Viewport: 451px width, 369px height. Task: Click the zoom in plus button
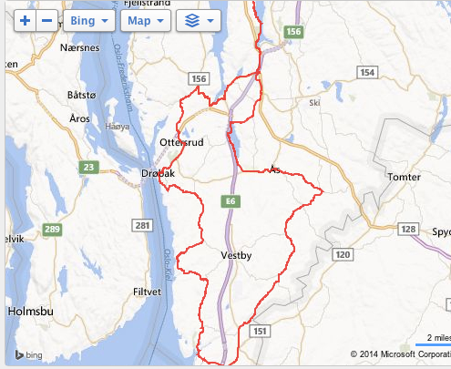(24, 19)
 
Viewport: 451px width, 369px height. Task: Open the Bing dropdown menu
(89, 19)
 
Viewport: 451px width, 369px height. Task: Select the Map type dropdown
(146, 19)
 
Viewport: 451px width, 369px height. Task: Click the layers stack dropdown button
(199, 19)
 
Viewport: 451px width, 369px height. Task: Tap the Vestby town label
(236, 256)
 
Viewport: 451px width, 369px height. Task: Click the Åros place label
(79, 118)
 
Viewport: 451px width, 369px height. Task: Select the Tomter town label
(403, 177)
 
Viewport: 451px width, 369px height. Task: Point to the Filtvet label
(147, 292)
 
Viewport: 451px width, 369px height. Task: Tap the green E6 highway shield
(231, 200)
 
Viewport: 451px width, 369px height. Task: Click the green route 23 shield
(88, 167)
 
